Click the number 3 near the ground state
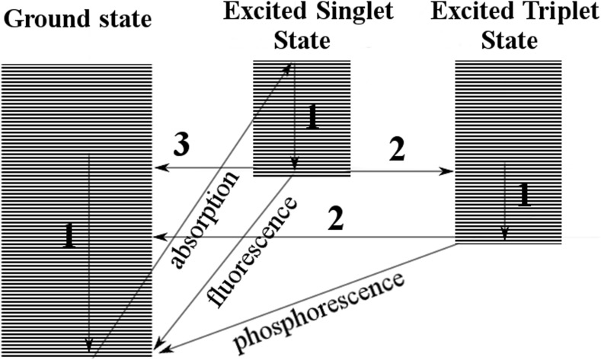181,145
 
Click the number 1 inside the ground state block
70,237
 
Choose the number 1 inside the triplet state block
524,194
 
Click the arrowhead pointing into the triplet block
449,171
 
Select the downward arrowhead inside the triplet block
504,234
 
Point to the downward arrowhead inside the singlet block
295,167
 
